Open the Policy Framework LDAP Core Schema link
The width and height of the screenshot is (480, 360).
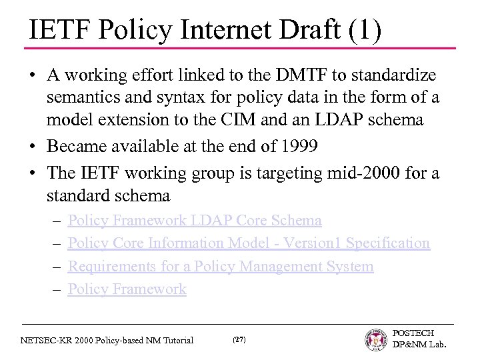(x=195, y=220)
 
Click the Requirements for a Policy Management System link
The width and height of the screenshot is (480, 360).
(x=221, y=267)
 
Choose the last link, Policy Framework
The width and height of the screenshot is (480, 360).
(x=127, y=289)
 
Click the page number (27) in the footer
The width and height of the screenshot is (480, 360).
(x=239, y=340)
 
